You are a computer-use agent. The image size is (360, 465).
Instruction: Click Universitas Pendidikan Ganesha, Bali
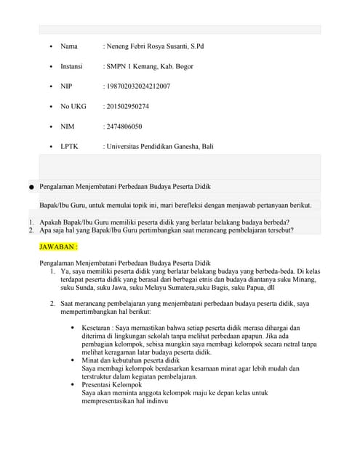point(160,147)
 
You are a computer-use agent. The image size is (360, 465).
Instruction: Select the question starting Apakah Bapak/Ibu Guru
point(164,222)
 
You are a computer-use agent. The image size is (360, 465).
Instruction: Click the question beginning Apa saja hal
point(167,230)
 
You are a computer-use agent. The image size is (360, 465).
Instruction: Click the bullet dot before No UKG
point(50,107)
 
